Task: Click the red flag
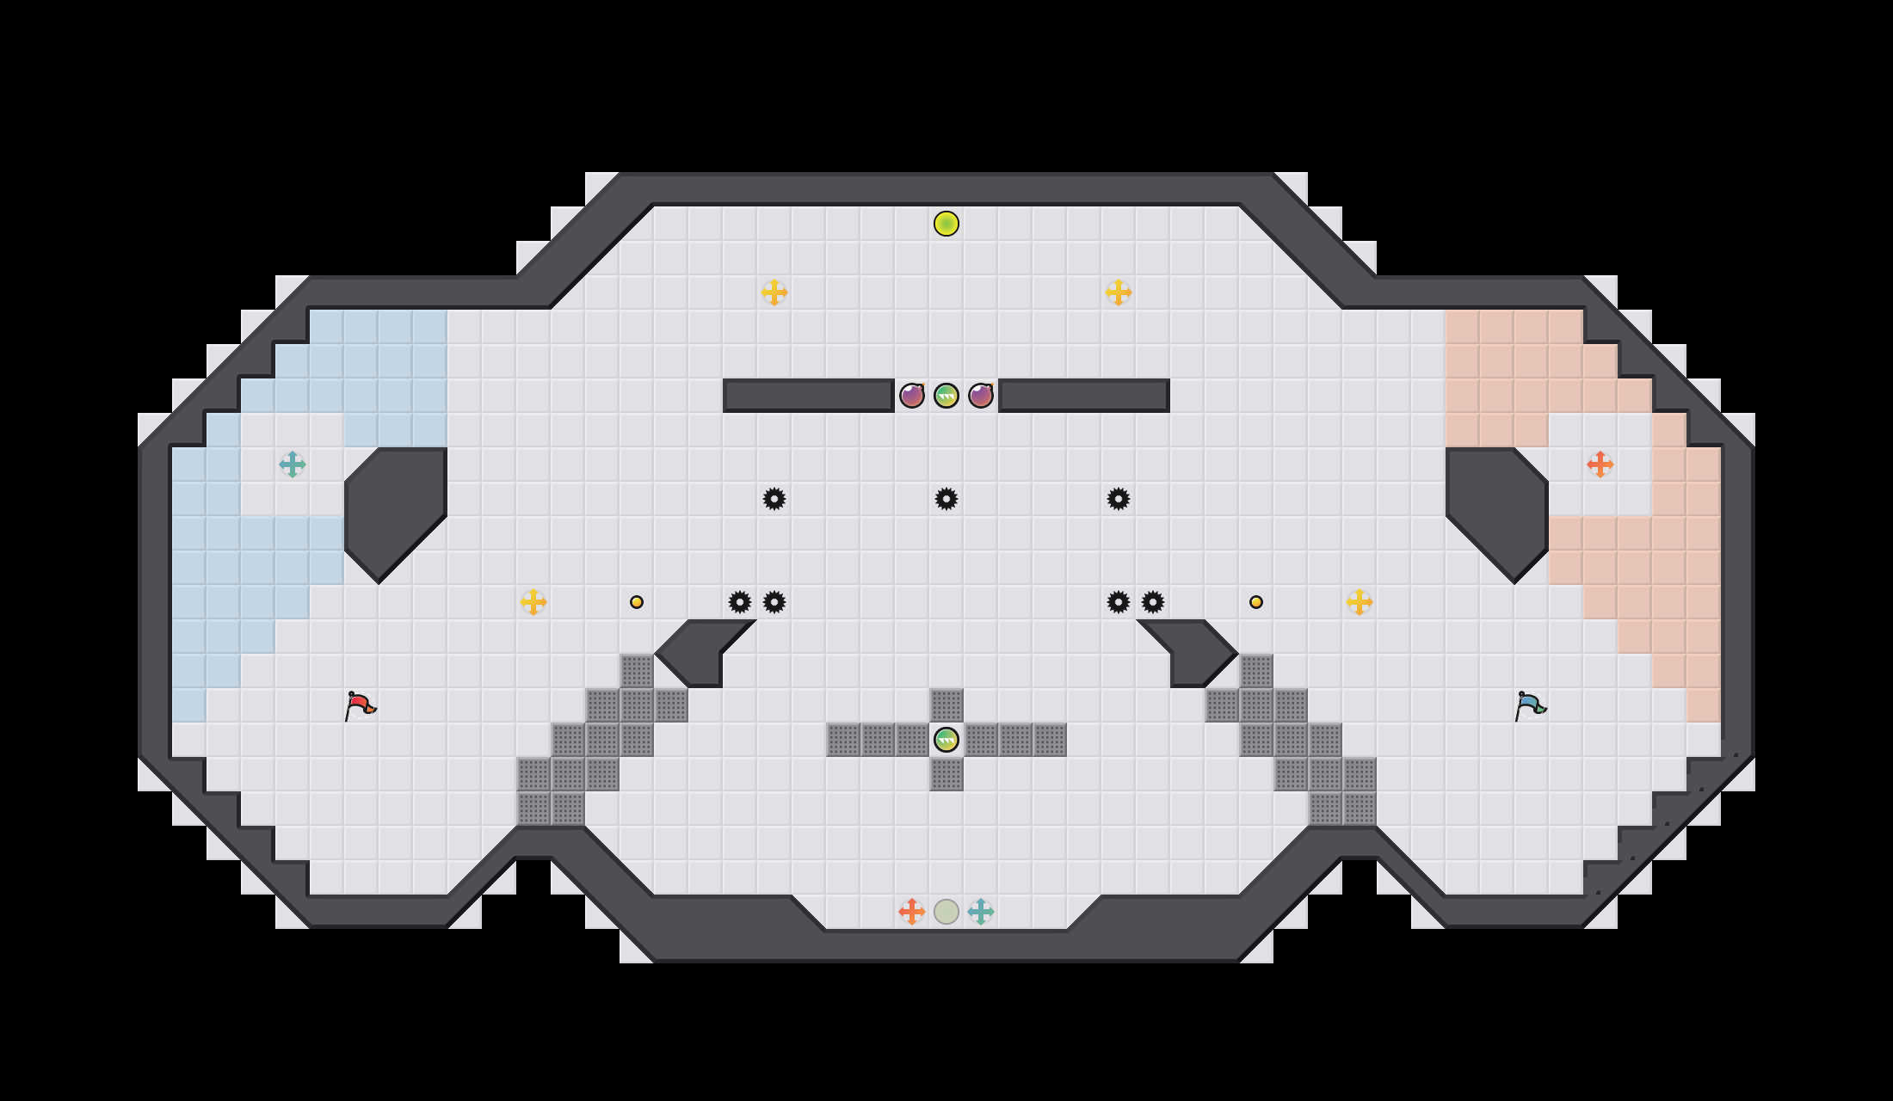[x=360, y=705]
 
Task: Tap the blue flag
[x=1530, y=705]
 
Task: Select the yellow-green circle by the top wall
[x=946, y=224]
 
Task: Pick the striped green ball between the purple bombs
[x=946, y=396]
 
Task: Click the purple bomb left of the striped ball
[x=912, y=396]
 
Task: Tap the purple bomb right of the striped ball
[x=981, y=396]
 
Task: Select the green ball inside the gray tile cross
[x=946, y=740]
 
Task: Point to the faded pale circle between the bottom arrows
[x=946, y=912]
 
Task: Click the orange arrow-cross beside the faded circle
[x=912, y=912]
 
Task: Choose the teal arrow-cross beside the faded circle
[x=981, y=912]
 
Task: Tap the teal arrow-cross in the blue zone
[x=293, y=464]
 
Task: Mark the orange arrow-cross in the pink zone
[x=1600, y=464]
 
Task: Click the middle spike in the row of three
[x=946, y=499]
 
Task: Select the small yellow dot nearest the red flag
[x=637, y=602]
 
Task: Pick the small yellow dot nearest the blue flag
[x=1256, y=602]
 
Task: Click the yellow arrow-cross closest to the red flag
[x=533, y=602]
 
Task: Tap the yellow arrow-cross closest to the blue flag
[x=1360, y=602]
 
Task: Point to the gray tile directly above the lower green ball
[x=946, y=705]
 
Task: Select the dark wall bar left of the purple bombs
[x=809, y=396]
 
